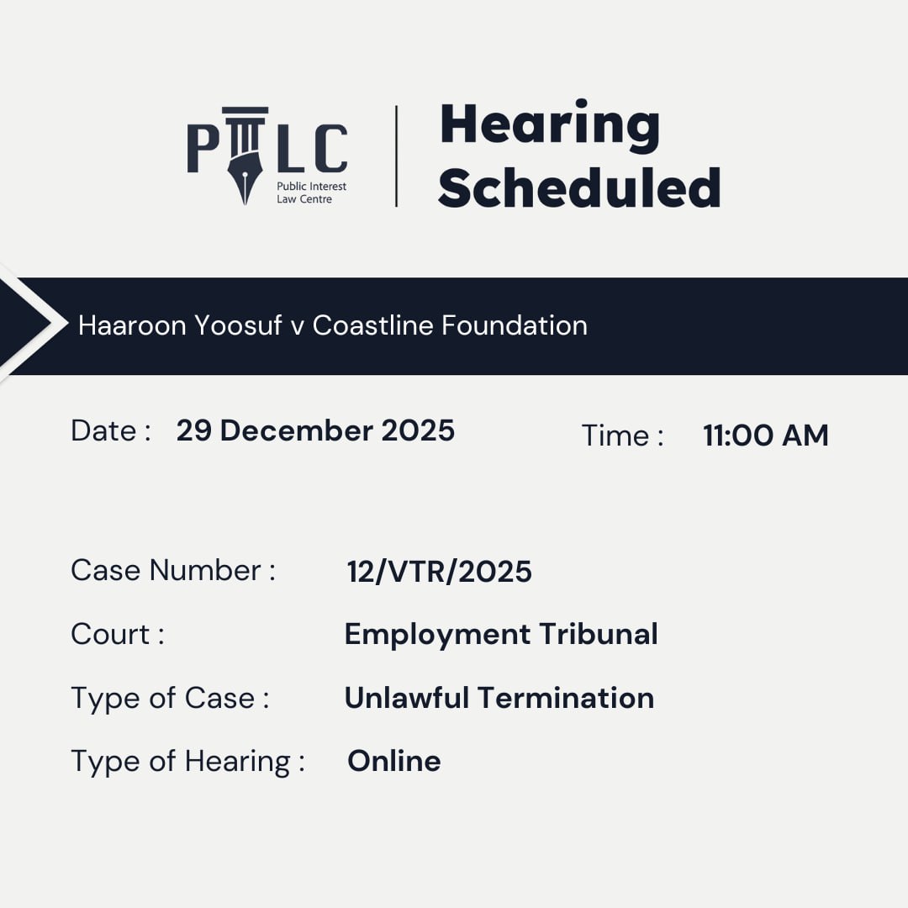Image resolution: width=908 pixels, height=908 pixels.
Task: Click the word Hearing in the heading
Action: pyautogui.click(x=550, y=126)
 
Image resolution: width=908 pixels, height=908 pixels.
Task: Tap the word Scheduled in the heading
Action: pyautogui.click(x=579, y=188)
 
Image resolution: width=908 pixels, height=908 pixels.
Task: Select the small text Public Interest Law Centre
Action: pyautogui.click(x=310, y=193)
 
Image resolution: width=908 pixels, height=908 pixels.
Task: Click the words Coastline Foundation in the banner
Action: pyautogui.click(x=450, y=325)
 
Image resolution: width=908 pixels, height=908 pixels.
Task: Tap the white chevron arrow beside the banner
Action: pyautogui.click(x=38, y=324)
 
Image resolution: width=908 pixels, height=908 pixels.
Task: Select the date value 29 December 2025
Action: pyautogui.click(x=315, y=430)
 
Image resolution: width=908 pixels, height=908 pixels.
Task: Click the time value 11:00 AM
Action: pyautogui.click(x=765, y=436)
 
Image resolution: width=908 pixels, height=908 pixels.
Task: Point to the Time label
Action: pyautogui.click(x=622, y=436)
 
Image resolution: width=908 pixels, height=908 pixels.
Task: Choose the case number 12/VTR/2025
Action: pyautogui.click(x=439, y=572)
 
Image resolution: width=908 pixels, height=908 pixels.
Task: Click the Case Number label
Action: pyautogui.click(x=172, y=570)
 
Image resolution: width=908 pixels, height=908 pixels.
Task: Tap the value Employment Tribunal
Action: pyautogui.click(x=501, y=634)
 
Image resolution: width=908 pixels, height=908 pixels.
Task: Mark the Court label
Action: pyautogui.click(x=117, y=634)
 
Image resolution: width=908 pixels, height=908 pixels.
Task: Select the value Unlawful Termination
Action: pyautogui.click(x=499, y=698)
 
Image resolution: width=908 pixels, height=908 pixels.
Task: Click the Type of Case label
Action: pyautogui.click(x=170, y=698)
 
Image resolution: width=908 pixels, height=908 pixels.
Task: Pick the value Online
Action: pyautogui.click(x=393, y=761)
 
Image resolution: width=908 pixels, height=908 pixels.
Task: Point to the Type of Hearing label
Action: pyautogui.click(x=187, y=762)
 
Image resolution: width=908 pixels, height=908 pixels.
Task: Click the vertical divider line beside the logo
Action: pyautogui.click(x=396, y=156)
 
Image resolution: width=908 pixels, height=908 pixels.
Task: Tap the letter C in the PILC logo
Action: pyautogui.click(x=329, y=149)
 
